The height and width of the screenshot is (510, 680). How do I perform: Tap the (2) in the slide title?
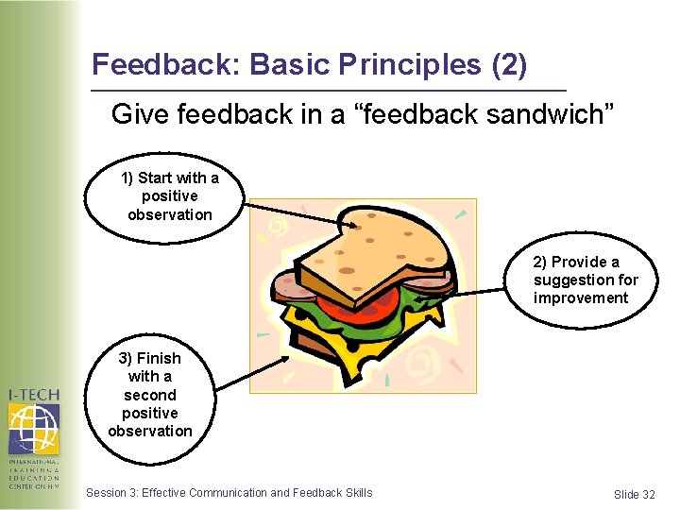(509, 65)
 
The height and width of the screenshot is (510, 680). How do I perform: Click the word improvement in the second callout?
(580, 298)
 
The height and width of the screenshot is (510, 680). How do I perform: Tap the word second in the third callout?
(149, 395)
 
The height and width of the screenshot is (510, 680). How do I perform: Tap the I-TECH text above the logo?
(33, 394)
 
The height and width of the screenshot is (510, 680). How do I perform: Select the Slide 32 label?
(634, 495)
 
